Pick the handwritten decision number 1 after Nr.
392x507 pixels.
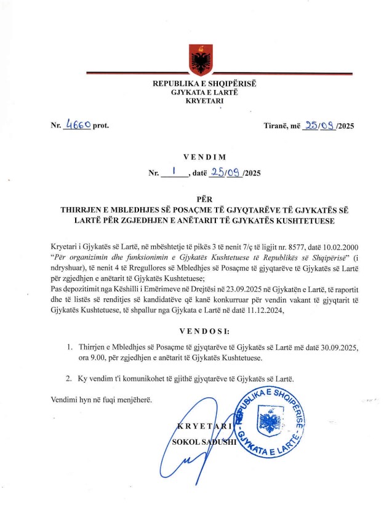tap(175, 173)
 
